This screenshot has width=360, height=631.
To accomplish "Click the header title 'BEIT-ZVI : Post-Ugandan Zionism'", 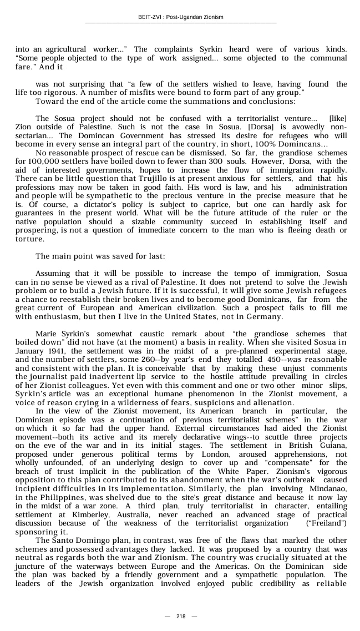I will click(181, 17).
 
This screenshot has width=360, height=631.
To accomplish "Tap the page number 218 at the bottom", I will click(181, 617).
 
